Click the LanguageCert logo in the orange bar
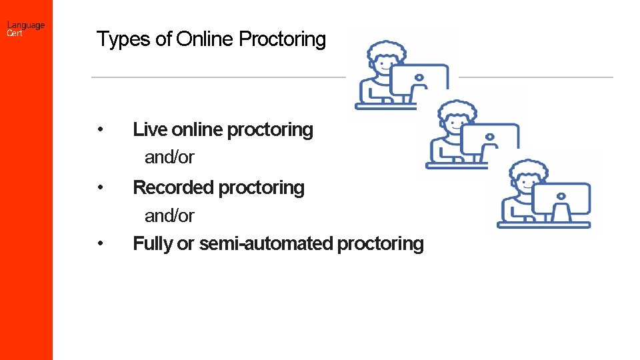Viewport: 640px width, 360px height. (25, 29)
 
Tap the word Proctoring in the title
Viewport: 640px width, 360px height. (282, 39)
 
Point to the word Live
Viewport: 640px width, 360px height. (150, 129)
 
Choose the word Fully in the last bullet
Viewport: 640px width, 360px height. (153, 244)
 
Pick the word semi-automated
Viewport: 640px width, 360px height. (266, 244)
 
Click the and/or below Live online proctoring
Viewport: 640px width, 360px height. (169, 158)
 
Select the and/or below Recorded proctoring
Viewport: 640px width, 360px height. (169, 216)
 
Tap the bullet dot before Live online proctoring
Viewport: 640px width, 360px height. (99, 129)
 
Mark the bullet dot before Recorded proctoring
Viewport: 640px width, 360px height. (99, 188)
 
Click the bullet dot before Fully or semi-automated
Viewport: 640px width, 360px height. (99, 244)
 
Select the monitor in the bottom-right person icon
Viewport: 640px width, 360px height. (561, 199)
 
